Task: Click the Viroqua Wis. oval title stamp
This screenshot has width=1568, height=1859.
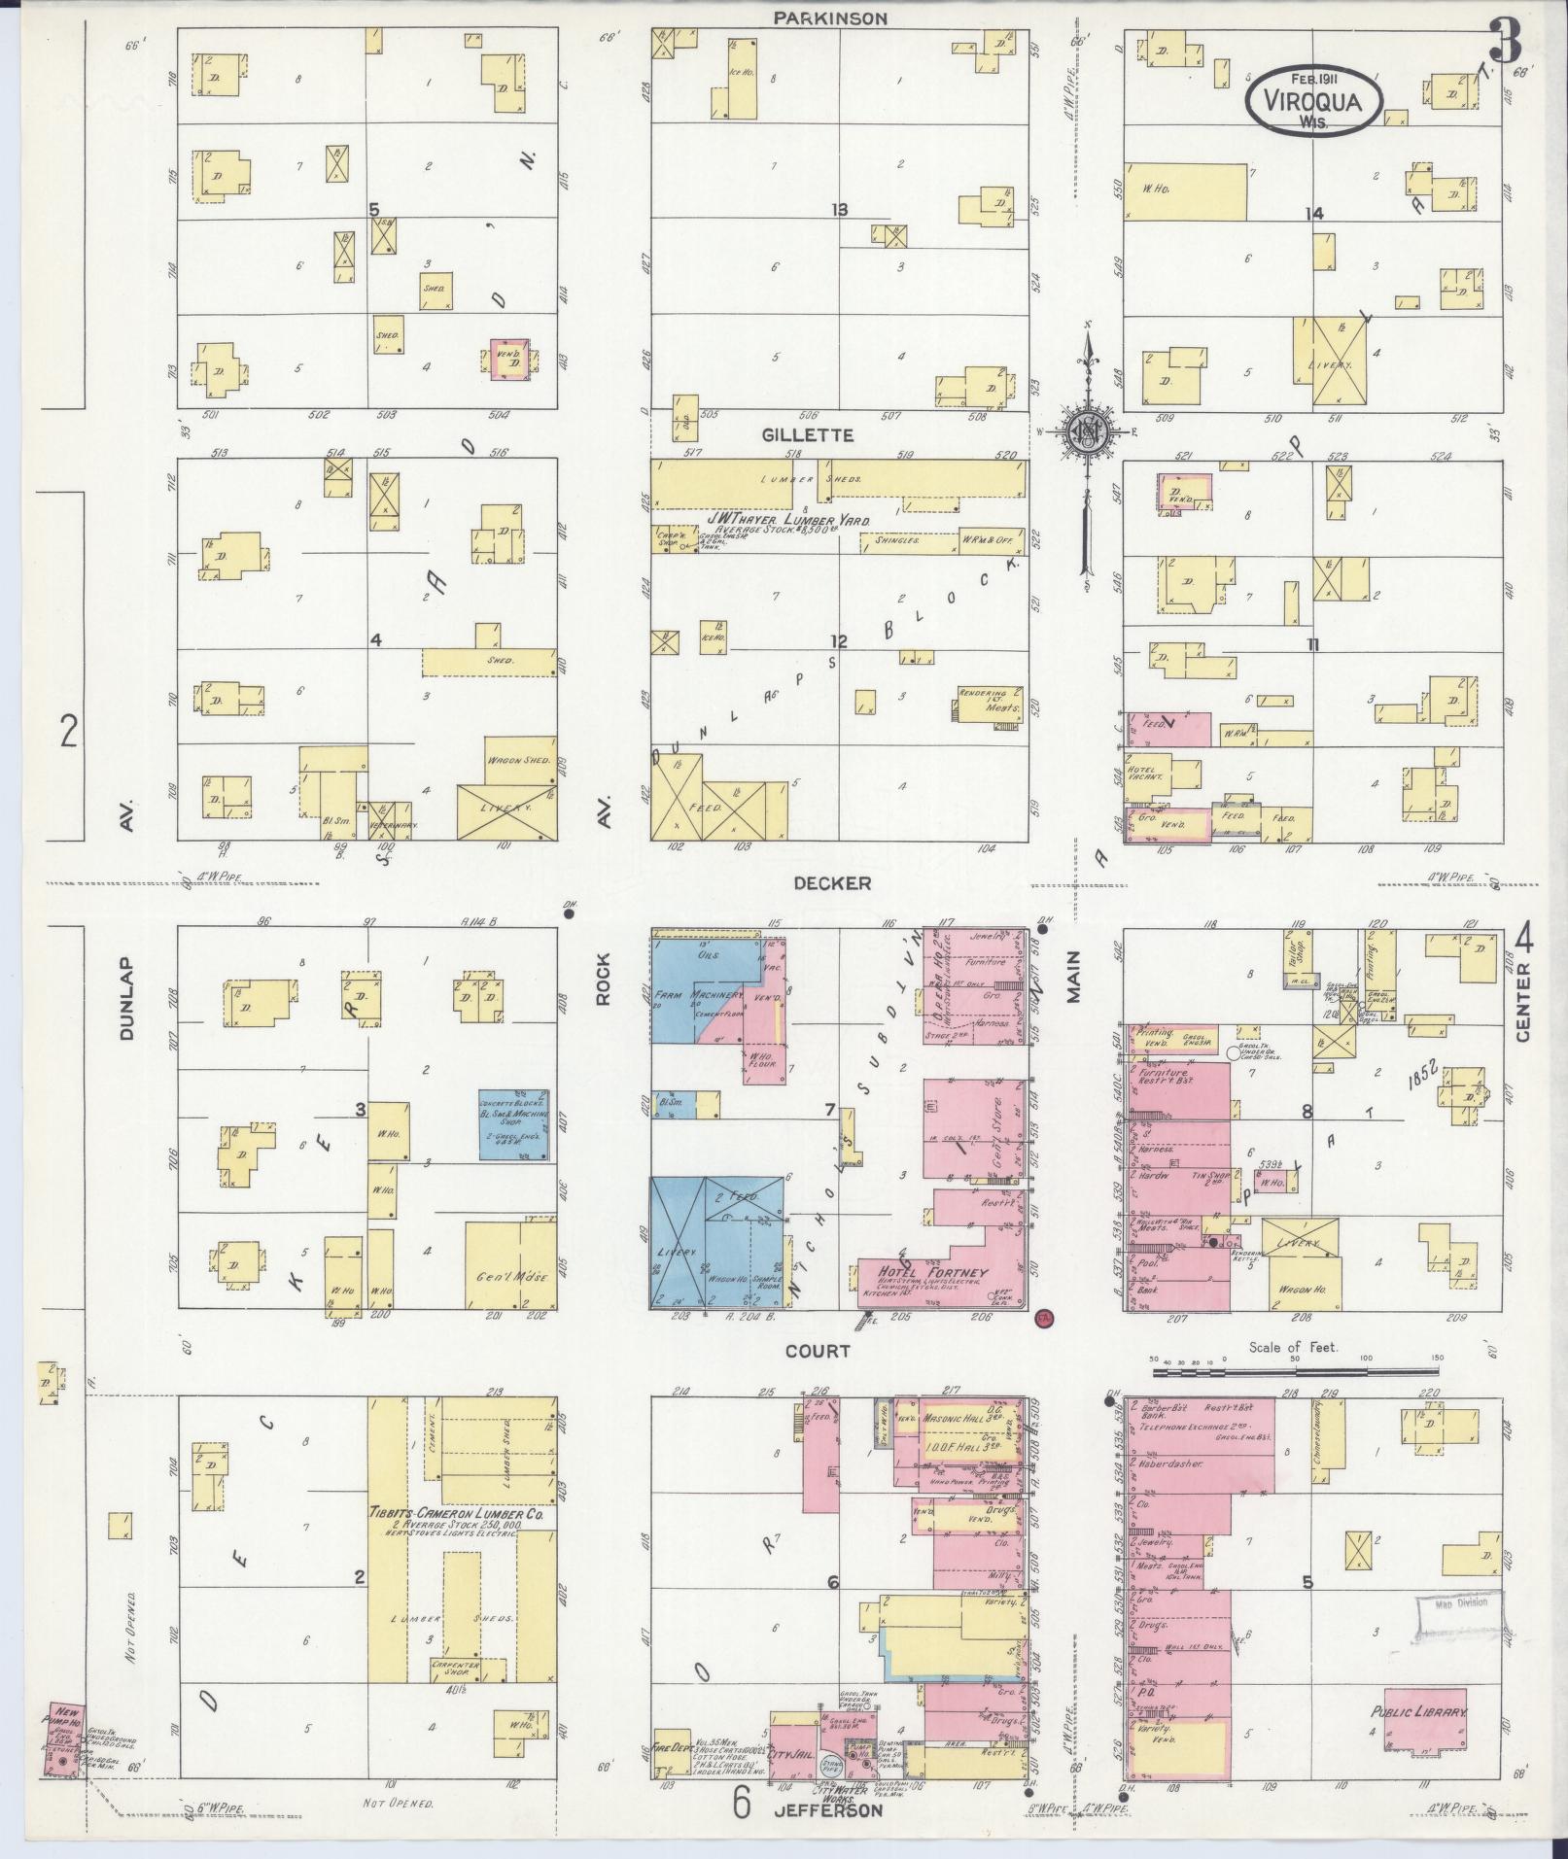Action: [x=1313, y=99]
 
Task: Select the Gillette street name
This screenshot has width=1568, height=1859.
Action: [x=820, y=434]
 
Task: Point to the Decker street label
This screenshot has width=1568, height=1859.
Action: [x=831, y=882]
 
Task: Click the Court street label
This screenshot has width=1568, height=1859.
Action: [x=818, y=1350]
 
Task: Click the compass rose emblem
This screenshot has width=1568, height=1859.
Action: [x=1087, y=431]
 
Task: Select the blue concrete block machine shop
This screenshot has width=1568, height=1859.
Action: [x=515, y=1122]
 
